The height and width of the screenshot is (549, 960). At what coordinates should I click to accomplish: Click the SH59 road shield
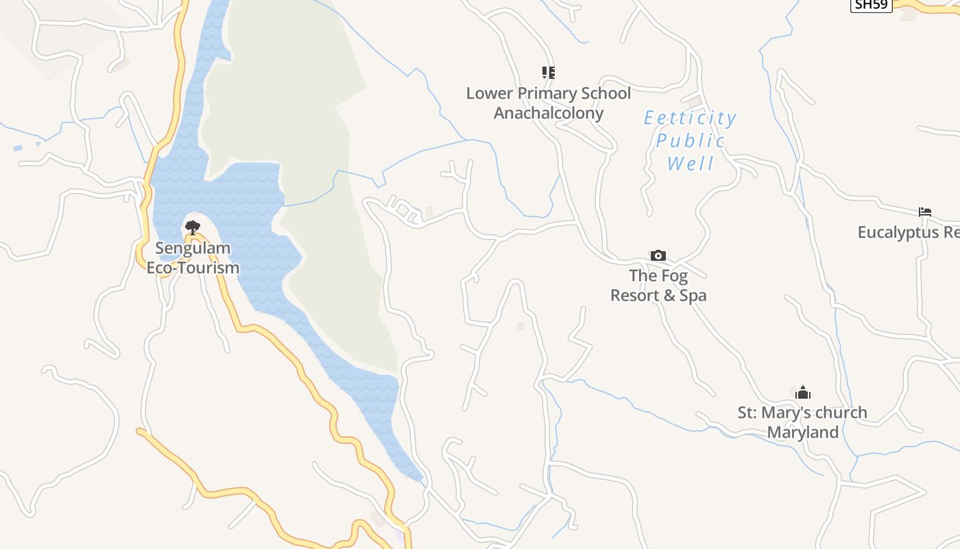[871, 5]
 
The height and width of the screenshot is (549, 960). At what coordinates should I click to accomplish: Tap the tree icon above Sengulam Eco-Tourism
[193, 227]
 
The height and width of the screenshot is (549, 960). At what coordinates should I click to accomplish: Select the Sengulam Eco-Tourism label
[193, 258]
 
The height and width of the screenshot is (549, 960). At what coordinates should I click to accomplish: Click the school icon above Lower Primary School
[548, 72]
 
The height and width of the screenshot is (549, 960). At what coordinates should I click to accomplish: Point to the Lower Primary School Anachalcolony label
[549, 103]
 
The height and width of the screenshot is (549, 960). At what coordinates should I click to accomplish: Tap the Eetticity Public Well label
[691, 141]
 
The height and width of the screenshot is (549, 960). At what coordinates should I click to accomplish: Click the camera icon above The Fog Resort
[658, 255]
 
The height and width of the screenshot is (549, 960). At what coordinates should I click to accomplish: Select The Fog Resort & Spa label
[658, 285]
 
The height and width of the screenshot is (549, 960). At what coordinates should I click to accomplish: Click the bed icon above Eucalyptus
[925, 212]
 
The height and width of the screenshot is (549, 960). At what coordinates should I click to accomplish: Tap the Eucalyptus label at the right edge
[909, 233]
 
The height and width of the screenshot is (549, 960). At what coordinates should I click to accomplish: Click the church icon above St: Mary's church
[803, 393]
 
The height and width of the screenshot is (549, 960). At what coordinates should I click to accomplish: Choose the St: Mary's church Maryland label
[802, 423]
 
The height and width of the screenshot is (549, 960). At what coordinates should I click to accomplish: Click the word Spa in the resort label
[693, 296]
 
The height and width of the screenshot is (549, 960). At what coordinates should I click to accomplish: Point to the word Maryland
[802, 433]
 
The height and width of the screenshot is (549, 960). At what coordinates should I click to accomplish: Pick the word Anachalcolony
[549, 113]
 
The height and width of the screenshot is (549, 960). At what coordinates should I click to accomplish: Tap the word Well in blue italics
[691, 164]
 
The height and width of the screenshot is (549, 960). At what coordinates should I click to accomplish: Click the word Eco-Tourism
[193, 268]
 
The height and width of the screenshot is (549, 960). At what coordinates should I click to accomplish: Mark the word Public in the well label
[691, 141]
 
